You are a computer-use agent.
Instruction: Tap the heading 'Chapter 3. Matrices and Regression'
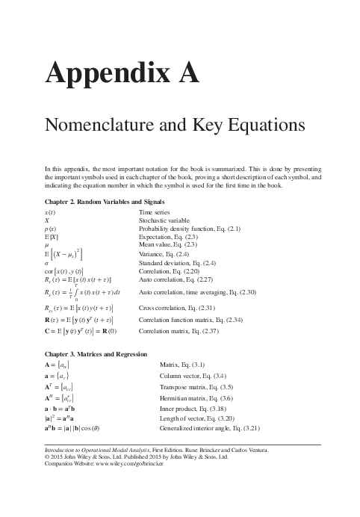coord(96,353)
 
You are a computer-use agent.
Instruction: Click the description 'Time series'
coord(155,212)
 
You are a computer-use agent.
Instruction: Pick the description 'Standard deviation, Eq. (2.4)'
coord(178,263)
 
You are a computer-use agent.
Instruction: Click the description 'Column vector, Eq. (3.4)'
coord(193,376)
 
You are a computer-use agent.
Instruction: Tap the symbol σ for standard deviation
coord(47,263)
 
